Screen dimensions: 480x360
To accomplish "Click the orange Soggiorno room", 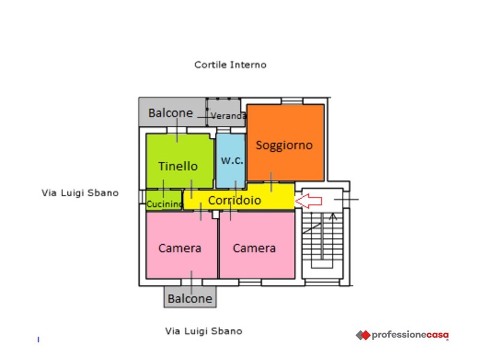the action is tap(286, 142).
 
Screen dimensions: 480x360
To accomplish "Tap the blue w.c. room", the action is tap(230, 161).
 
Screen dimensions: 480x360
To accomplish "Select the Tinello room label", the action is tap(178, 166).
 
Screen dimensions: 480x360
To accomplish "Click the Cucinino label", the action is tap(164, 204).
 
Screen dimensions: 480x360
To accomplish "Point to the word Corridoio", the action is tap(235, 200).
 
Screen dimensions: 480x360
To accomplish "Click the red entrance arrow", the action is tap(308, 201).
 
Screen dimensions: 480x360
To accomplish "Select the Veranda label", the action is tap(229, 116).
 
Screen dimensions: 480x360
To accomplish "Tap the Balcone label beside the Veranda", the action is tap(170, 113).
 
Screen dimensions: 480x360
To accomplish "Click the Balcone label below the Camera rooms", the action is tap(190, 298).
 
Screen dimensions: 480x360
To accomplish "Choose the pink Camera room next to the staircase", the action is tap(257, 245).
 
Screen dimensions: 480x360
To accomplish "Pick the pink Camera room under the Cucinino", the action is tap(182, 245).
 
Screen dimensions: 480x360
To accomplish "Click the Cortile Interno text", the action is tap(230, 65).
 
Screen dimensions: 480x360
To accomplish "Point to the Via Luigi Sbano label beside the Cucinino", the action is tap(80, 193).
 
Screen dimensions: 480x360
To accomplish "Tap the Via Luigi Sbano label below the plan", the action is tap(203, 331).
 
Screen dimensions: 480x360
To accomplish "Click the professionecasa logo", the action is tap(402, 335).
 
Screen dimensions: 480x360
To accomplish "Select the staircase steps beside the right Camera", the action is tap(322, 241).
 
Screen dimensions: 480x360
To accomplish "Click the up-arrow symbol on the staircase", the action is tap(333, 217).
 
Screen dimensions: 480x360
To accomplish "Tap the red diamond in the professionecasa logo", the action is tap(365, 335).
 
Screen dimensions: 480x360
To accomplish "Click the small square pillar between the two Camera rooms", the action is tap(215, 214).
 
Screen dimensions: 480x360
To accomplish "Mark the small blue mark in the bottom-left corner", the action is tap(38, 339).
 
